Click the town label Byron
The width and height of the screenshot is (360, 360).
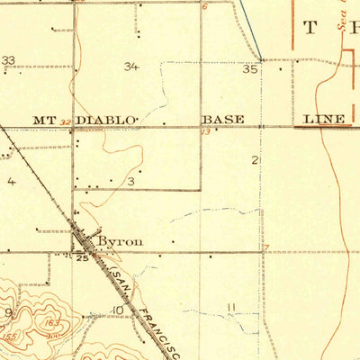click(x=120, y=241)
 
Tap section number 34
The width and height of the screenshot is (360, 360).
click(x=132, y=67)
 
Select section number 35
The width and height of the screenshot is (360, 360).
click(x=250, y=68)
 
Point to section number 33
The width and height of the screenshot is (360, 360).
click(x=9, y=61)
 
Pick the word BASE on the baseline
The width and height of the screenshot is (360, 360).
click(x=222, y=119)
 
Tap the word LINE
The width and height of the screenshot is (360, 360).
click(x=322, y=119)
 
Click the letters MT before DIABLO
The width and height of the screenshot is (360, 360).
click(x=45, y=119)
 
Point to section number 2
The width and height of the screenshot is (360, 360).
click(x=256, y=160)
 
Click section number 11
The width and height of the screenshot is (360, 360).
click(x=231, y=308)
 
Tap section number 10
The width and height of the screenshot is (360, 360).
click(x=118, y=310)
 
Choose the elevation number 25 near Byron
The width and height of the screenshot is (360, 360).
click(x=83, y=258)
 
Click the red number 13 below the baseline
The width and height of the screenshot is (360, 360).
click(x=205, y=131)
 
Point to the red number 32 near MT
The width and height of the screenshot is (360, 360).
click(x=65, y=123)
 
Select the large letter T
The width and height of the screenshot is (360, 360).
click(x=310, y=27)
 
